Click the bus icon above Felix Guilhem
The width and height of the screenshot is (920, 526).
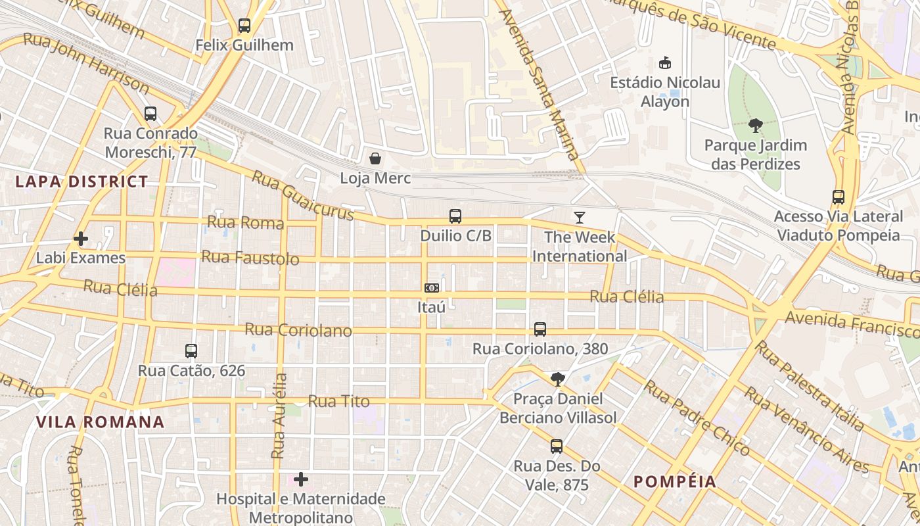244,26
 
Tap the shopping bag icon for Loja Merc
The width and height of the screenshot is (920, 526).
375,158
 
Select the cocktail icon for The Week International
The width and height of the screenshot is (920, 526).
580,218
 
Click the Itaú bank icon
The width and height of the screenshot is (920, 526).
432,288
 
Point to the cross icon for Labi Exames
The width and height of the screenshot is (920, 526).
81,238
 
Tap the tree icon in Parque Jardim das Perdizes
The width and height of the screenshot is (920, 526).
756,125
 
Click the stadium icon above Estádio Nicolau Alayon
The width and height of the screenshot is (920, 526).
665,63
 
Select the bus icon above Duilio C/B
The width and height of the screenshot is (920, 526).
455,216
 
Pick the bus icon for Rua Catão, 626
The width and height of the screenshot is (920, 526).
191,351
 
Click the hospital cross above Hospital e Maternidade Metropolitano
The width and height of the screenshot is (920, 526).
301,479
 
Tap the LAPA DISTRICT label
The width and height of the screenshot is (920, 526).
81,182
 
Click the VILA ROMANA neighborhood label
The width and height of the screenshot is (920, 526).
100,422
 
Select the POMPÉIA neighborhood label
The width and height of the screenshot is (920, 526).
675,481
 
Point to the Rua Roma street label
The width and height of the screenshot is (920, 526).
245,222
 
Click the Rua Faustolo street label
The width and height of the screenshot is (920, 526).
250,258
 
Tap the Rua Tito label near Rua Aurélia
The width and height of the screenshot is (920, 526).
338,401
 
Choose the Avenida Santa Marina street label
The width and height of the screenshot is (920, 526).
539,84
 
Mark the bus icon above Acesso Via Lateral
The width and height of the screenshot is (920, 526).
839,197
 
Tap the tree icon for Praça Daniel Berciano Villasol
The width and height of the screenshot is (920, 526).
557,379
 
